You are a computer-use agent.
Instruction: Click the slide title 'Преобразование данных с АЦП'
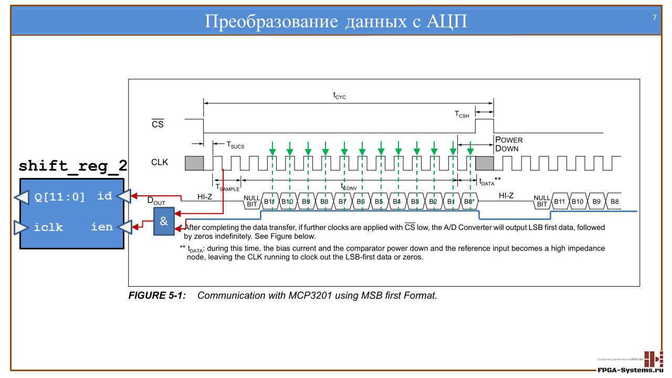[336, 22]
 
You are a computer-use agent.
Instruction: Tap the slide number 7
[655, 17]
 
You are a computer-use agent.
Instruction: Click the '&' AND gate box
[164, 221]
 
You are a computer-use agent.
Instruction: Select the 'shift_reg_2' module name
[73, 166]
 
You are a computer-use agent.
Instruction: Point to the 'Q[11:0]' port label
[59, 197]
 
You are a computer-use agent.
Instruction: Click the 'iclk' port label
[48, 227]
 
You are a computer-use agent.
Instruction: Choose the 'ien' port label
[102, 227]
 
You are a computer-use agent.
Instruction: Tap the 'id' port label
[104, 196]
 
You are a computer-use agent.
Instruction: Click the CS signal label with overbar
[157, 124]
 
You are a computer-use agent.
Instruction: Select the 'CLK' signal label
[160, 162]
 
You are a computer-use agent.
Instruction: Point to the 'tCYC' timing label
[340, 96]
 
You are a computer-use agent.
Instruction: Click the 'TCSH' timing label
[462, 114]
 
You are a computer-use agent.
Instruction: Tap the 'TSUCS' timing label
[235, 145]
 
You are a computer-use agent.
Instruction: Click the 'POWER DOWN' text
[509, 144]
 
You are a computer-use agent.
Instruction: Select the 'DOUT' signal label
[155, 201]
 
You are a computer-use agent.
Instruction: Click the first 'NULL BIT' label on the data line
[251, 201]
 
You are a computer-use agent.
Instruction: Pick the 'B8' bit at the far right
[614, 202]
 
